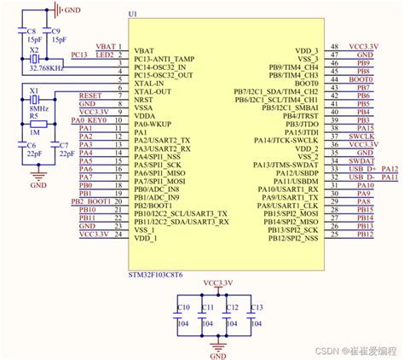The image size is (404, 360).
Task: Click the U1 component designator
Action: (131, 15)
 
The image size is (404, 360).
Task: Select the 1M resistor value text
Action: (33, 133)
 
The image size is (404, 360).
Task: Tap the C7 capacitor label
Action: (61, 145)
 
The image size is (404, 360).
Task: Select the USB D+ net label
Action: (363, 169)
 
